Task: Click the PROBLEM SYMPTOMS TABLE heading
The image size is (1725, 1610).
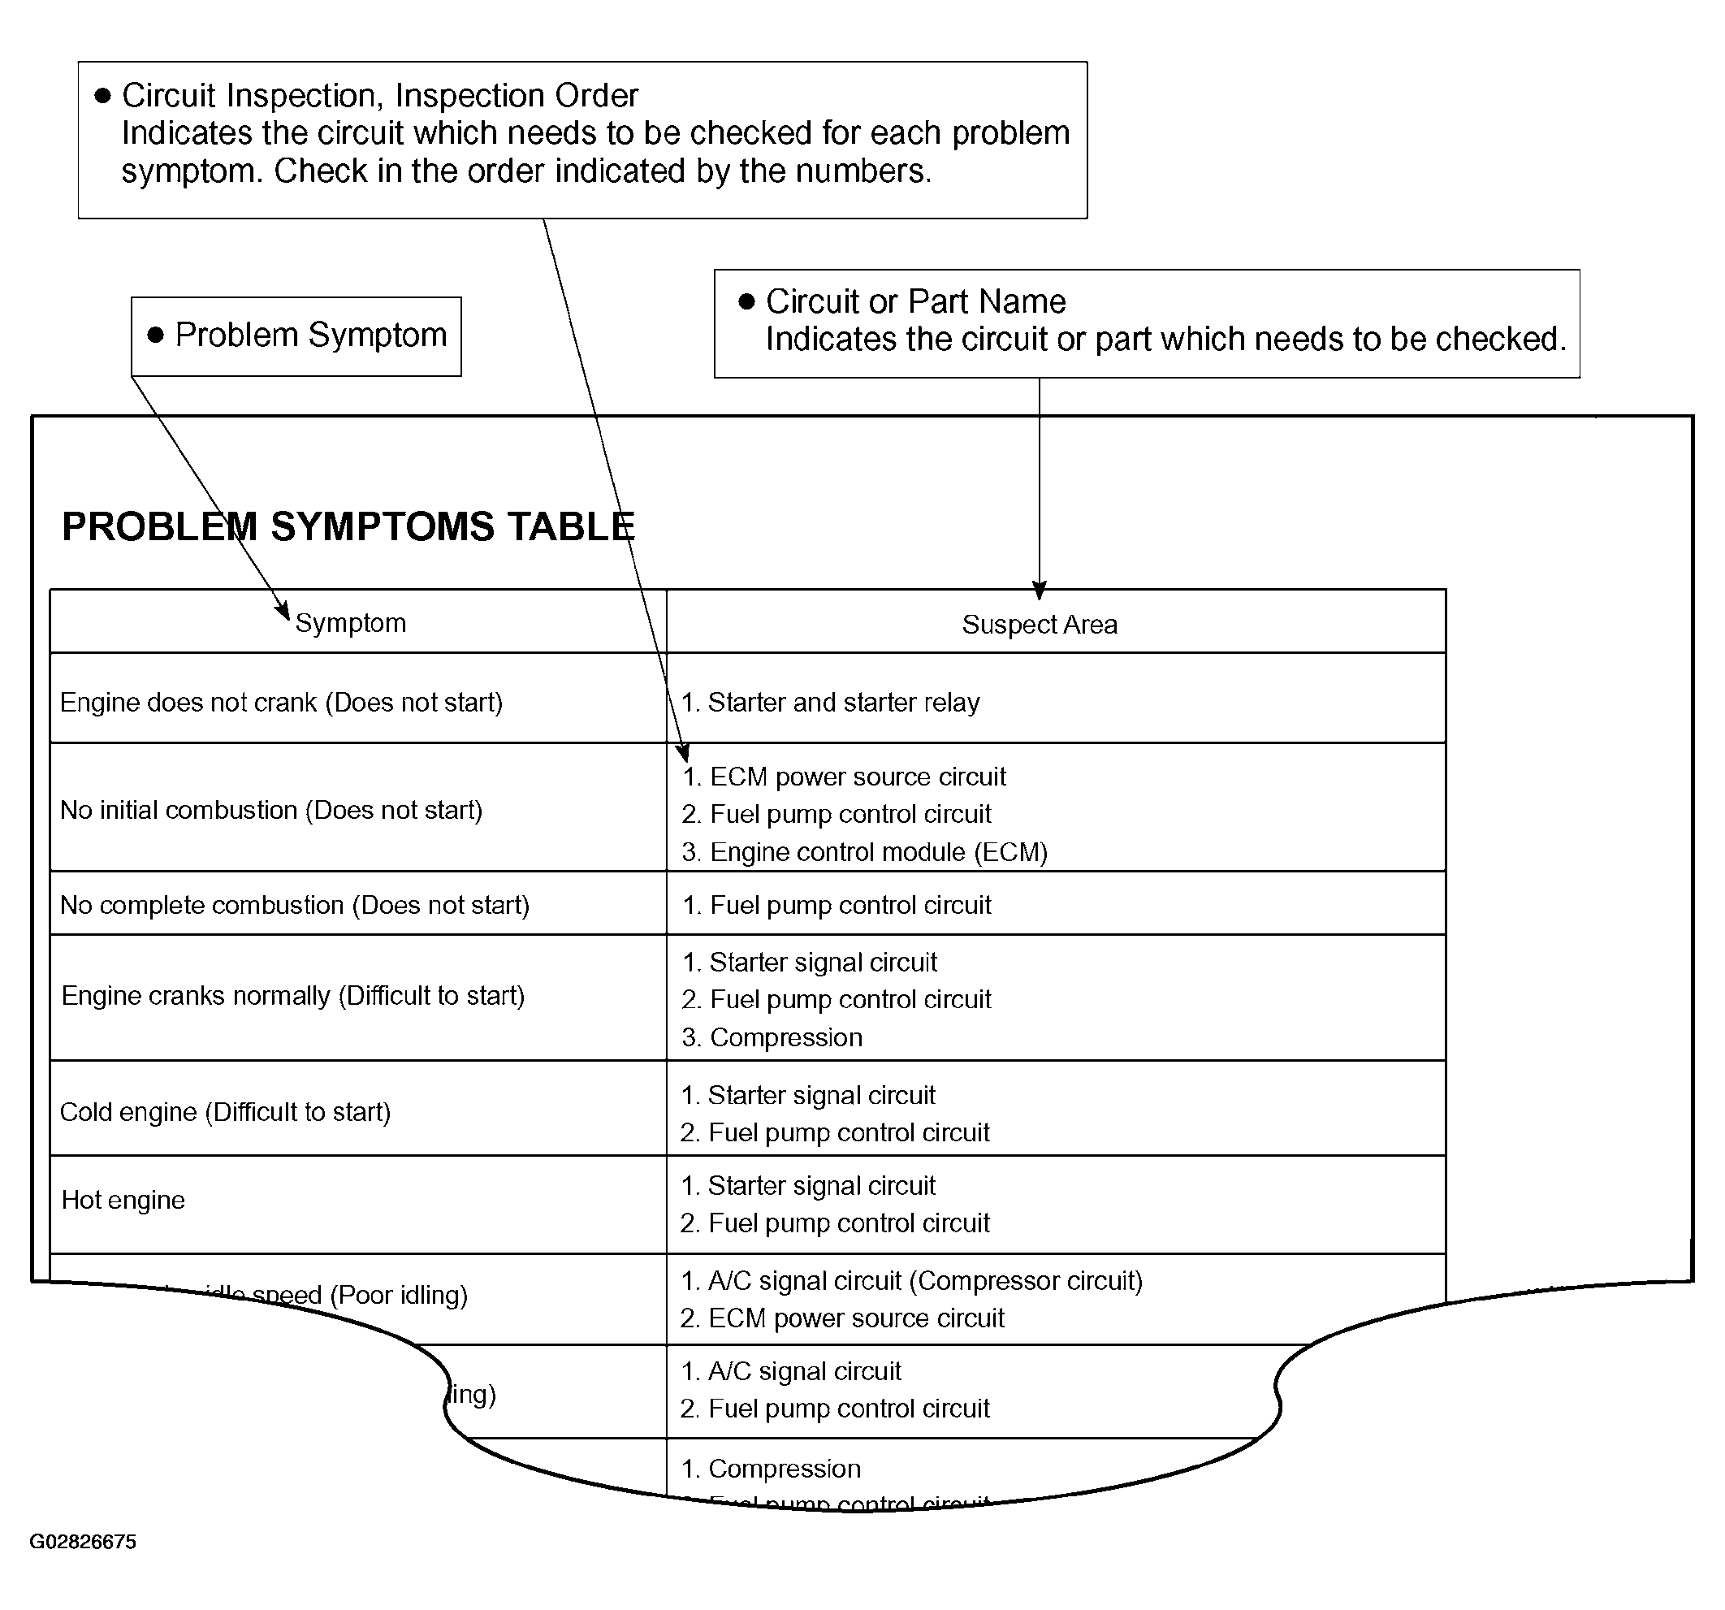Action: [348, 527]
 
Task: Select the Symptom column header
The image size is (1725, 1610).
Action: [351, 623]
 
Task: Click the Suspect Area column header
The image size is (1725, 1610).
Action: [1039, 625]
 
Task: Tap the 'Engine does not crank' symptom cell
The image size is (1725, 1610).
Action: [281, 702]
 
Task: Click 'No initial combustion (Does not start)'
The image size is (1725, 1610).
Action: [270, 810]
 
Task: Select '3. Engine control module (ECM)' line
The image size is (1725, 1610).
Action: [864, 851]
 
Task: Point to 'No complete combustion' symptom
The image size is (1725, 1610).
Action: [294, 905]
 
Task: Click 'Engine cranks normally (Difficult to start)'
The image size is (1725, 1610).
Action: [293, 996]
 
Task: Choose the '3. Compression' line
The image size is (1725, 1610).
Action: [772, 1037]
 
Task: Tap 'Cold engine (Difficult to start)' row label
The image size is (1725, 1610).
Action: [226, 1112]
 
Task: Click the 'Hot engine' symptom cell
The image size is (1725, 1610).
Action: [123, 1200]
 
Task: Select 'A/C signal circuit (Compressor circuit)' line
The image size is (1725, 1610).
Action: [912, 1280]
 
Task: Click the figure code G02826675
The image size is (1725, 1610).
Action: [84, 1542]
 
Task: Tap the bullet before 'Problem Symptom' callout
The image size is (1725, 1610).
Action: [156, 335]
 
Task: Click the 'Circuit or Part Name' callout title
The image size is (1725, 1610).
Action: [915, 301]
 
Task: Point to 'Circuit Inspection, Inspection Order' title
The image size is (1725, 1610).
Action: [380, 96]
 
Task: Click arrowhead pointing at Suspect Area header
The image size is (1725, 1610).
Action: [1039, 591]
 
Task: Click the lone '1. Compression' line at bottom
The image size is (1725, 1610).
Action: [771, 1468]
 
